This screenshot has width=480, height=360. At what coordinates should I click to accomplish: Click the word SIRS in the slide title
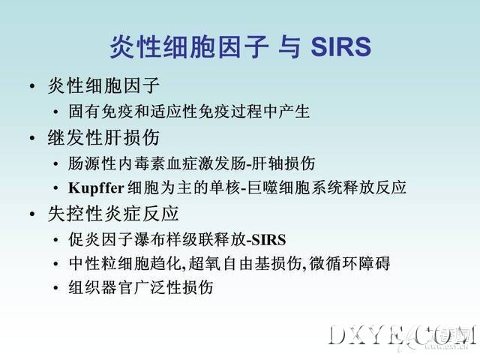(340, 46)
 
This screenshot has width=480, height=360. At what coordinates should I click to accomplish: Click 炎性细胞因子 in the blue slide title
(189, 46)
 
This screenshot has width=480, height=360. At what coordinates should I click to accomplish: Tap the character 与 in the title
(289, 46)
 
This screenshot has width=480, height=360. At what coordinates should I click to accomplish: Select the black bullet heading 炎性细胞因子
(103, 85)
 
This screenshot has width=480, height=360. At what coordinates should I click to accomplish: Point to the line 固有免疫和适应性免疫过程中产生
(189, 111)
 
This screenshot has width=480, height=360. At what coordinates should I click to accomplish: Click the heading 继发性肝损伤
(103, 137)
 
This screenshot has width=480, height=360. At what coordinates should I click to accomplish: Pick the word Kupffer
(96, 188)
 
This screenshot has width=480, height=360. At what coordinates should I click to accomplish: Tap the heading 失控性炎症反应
(113, 213)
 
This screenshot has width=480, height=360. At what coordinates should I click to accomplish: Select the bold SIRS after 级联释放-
(268, 240)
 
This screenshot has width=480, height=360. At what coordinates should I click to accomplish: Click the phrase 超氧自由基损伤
(245, 263)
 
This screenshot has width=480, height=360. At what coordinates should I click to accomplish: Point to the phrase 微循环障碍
(349, 263)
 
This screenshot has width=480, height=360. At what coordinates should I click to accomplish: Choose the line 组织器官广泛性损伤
(141, 287)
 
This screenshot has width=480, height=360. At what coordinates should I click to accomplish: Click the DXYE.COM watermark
(402, 336)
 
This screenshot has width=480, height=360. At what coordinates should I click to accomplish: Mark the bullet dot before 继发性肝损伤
(32, 138)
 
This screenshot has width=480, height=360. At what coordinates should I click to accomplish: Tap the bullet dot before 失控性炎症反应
(32, 214)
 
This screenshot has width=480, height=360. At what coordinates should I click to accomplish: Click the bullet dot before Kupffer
(55, 188)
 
